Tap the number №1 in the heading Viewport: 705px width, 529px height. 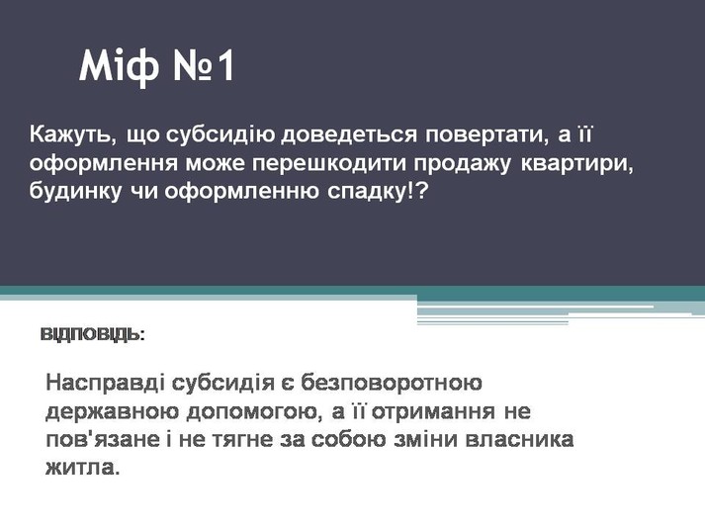coord(204,65)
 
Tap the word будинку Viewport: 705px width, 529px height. coord(75,192)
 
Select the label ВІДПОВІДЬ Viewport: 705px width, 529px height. coord(93,335)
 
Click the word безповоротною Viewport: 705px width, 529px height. coord(392,384)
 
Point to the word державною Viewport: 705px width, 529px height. coord(113,412)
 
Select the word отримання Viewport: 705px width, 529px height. coord(433,412)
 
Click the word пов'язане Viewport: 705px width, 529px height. coord(103,440)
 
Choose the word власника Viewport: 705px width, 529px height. coord(519,440)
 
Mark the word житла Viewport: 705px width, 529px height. coord(83,468)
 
